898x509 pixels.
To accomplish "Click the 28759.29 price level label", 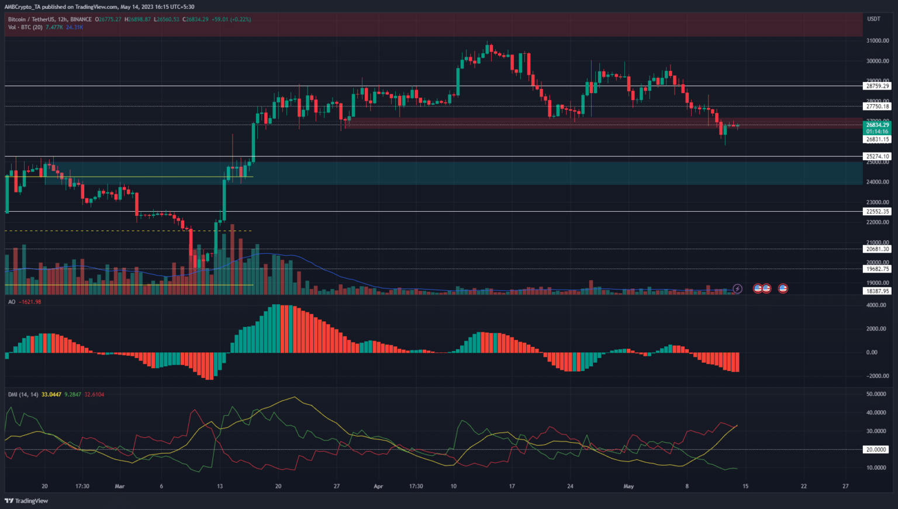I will coord(877,86).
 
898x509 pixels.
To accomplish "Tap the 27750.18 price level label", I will coord(877,106).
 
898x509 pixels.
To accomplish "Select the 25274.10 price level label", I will coord(877,156).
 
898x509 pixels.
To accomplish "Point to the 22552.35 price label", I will coord(877,211).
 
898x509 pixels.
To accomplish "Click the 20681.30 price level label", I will coord(877,249).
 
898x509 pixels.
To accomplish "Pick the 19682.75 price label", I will coord(877,269).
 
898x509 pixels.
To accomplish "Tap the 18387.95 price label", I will coord(877,291).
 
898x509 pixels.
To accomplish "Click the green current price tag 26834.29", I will coord(877,125).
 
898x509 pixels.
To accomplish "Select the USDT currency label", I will coord(873,19).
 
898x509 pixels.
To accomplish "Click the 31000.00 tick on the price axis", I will coord(877,40).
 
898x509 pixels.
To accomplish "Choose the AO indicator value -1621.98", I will coord(30,302).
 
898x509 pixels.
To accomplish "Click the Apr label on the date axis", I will coord(378,486).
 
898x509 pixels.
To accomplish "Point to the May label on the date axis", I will coord(628,486).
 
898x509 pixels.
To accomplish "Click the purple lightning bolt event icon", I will coord(737,288).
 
